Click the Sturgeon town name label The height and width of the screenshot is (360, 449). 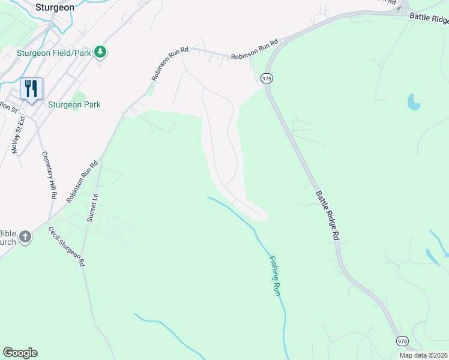(x=55, y=8)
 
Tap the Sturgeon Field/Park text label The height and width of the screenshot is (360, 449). (x=53, y=53)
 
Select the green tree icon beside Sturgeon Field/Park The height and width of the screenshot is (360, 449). (x=101, y=52)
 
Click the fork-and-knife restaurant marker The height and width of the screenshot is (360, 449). (x=31, y=88)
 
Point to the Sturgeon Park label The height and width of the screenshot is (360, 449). (x=74, y=104)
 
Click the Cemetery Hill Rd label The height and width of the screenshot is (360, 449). (x=48, y=175)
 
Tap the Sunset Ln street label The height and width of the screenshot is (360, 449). (x=91, y=206)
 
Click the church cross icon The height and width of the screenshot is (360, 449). (x=25, y=237)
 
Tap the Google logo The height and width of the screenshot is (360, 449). (x=20, y=353)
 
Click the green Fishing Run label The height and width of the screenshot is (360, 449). (x=275, y=275)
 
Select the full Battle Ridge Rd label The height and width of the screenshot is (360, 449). (x=328, y=215)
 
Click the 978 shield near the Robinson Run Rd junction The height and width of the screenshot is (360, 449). (x=267, y=78)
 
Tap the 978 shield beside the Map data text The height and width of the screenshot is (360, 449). (x=402, y=341)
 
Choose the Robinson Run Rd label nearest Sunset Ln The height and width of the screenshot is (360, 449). (x=82, y=181)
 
